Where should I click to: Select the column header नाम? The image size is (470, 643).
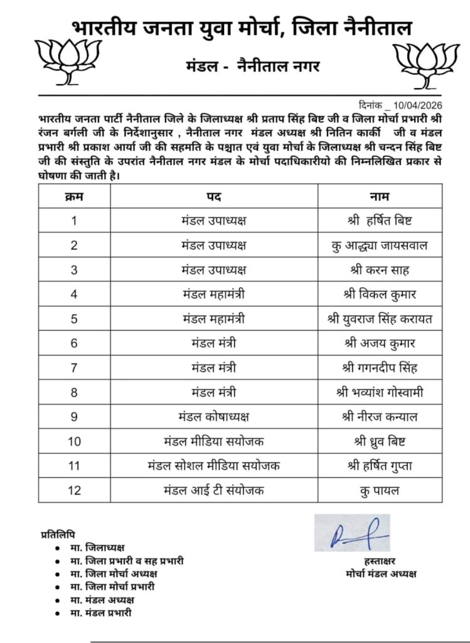point(380,197)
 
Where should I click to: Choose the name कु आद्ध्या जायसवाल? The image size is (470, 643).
point(380,245)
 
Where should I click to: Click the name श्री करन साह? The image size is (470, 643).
point(380,269)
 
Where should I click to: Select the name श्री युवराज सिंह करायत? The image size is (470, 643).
point(380,318)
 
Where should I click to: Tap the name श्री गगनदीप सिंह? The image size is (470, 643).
point(380,367)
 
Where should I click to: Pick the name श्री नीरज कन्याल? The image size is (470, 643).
point(380,416)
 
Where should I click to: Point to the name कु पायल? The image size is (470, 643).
point(380,489)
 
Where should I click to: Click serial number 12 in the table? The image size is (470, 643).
point(74,489)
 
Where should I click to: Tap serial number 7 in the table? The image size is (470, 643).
point(74,367)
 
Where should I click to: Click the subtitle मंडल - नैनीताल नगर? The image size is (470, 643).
point(252,67)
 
